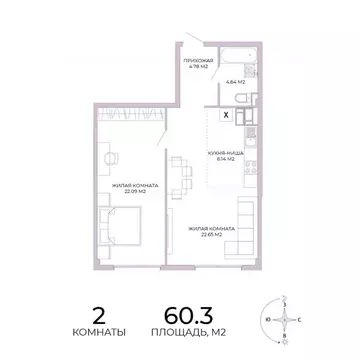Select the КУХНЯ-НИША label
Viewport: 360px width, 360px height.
(221, 153)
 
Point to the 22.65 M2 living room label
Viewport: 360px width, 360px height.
(213, 231)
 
